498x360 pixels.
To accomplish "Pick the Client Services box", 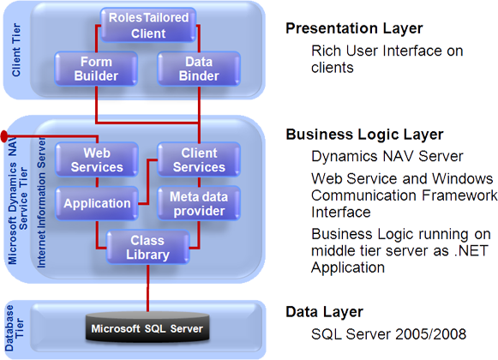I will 198,159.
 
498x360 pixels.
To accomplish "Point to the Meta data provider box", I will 198,204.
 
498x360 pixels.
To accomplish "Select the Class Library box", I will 147,248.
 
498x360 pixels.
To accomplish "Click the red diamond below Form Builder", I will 94,107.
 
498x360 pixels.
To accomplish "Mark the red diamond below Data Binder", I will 202,107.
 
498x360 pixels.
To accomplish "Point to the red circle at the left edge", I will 5,136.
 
